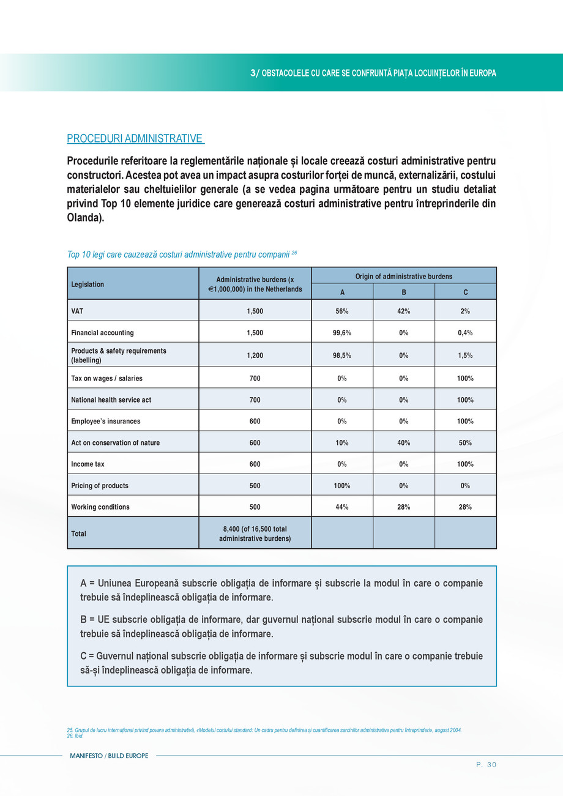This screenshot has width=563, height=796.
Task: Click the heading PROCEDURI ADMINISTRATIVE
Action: (x=135, y=139)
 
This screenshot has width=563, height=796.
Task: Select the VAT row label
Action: (x=77, y=311)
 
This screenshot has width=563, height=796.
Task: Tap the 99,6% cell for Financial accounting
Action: (x=342, y=333)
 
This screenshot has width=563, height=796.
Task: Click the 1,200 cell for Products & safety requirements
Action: (x=255, y=355)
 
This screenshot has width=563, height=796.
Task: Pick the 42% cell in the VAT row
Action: (x=404, y=311)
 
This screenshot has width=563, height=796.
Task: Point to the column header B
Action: (x=404, y=292)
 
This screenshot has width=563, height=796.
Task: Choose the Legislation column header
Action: (x=88, y=285)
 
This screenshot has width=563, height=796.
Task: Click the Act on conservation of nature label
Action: (x=116, y=442)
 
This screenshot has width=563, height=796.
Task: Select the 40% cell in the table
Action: (x=404, y=442)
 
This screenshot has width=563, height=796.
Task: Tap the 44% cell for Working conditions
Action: (x=342, y=507)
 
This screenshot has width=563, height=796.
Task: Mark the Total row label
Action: (x=79, y=534)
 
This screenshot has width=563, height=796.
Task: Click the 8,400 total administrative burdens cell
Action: (x=255, y=534)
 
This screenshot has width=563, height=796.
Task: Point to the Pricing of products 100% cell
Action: (x=342, y=485)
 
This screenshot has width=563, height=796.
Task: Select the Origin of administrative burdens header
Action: (x=404, y=276)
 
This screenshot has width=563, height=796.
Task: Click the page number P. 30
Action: (x=486, y=764)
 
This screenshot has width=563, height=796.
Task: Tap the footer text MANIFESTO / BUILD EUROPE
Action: (x=109, y=756)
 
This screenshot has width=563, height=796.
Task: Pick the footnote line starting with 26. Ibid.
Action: (x=75, y=735)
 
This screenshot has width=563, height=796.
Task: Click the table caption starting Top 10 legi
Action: (x=182, y=253)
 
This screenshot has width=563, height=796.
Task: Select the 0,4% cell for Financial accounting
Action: (x=465, y=333)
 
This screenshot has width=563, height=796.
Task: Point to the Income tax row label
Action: (x=88, y=464)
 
